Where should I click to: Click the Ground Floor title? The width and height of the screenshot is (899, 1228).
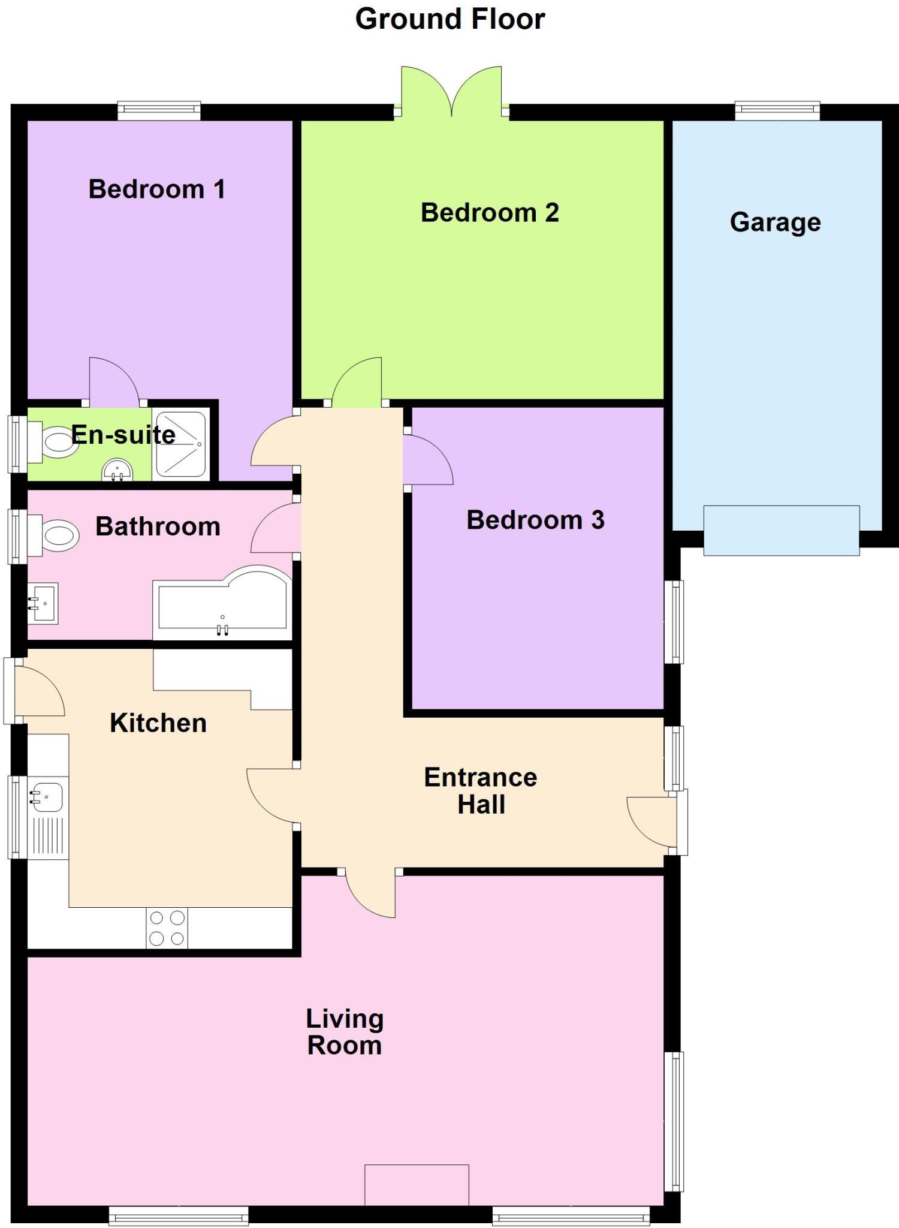pos(450,19)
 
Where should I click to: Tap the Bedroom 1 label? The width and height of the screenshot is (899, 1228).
pos(157,189)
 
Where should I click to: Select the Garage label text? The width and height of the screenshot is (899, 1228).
pos(775,222)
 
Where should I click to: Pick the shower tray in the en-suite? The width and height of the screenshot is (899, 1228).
pos(181,444)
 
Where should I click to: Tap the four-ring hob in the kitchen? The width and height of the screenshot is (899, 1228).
pos(167,928)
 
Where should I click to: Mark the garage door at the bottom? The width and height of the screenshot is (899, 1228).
pos(781,531)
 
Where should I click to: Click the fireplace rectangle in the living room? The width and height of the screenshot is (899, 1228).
pos(417,1185)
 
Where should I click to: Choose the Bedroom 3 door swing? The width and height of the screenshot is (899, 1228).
pos(427,460)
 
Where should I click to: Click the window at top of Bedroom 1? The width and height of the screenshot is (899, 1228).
pos(159,110)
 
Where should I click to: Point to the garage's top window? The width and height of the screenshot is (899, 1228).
pos(777,110)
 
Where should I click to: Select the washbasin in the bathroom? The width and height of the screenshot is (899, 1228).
pos(44,603)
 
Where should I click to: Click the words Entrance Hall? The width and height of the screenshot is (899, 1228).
pos(481,791)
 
